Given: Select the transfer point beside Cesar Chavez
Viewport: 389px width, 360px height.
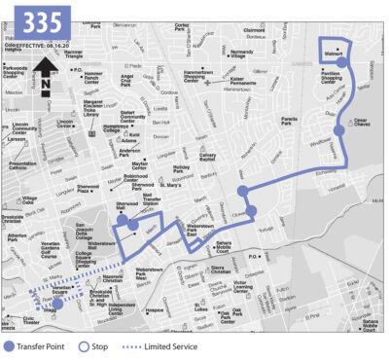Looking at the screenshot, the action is (337, 129).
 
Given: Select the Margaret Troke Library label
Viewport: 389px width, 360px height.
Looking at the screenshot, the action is (98, 106).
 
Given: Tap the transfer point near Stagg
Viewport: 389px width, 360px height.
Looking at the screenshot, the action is (56, 304).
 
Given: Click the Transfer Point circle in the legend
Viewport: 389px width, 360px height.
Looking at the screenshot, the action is (11, 345).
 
